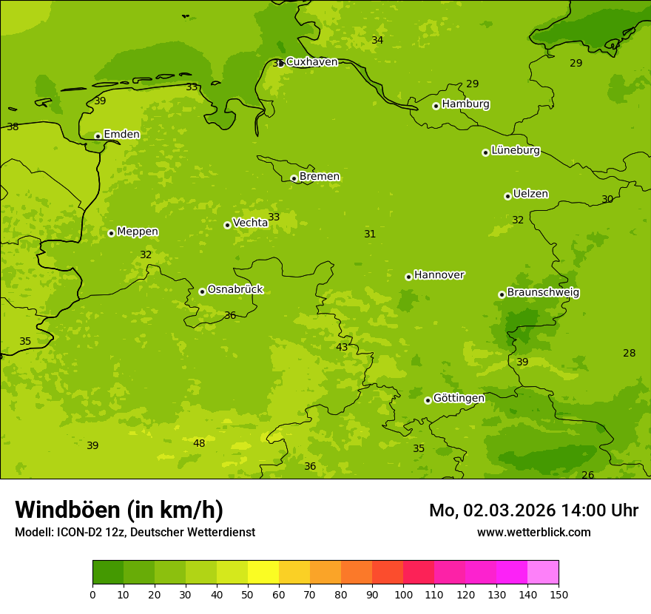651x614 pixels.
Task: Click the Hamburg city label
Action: [465, 104]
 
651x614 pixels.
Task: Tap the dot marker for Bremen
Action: [294, 178]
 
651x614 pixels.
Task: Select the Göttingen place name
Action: [459, 398]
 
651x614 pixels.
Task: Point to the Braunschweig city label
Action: [543, 293]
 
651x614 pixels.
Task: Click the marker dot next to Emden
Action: [98, 136]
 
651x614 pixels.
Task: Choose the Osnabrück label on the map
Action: [235, 290]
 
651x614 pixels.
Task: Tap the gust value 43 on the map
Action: [342, 347]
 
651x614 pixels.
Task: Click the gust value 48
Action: [199, 443]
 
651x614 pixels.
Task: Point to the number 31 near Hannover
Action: [370, 234]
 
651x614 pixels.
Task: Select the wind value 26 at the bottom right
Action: [587, 475]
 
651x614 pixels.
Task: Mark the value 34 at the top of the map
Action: [377, 40]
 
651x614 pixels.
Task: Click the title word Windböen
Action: [68, 510]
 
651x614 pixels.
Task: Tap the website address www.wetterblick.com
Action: [533, 532]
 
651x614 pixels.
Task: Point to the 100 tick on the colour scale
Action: [403, 593]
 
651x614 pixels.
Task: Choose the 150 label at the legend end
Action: [559, 593]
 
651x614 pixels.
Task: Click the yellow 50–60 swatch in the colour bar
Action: [263, 573]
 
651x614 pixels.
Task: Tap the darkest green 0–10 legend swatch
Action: [108, 573]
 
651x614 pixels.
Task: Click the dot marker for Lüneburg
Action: [485, 152]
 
